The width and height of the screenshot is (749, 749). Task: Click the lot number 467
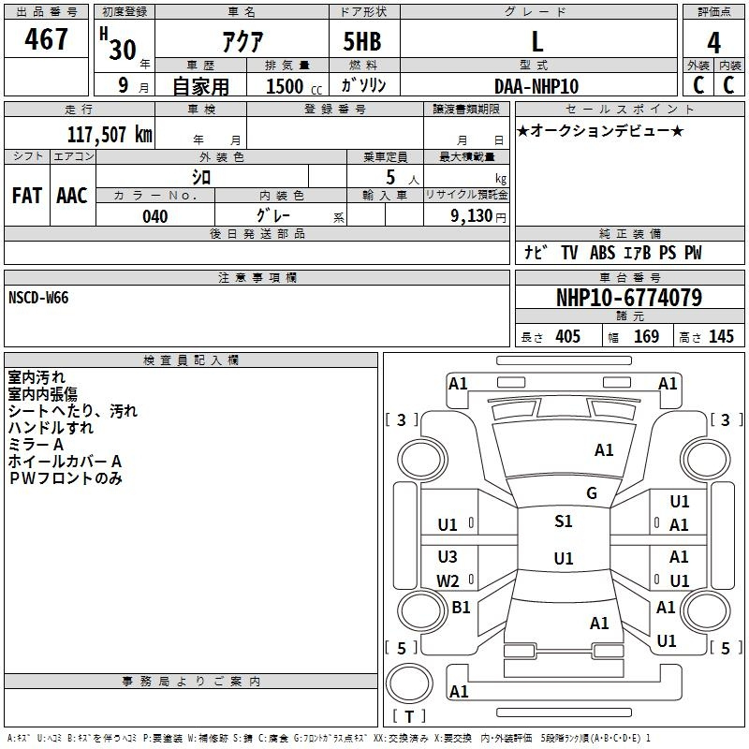(x=46, y=38)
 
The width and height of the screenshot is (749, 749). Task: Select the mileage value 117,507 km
(x=110, y=135)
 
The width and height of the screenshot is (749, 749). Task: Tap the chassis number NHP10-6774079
(x=629, y=298)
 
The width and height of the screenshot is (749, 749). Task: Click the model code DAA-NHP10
(x=536, y=86)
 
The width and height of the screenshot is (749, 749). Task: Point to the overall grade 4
(x=713, y=42)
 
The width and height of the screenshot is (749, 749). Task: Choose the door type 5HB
(x=362, y=41)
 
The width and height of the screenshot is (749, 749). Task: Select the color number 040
(x=155, y=216)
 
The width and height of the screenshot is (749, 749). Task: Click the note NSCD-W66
(x=38, y=298)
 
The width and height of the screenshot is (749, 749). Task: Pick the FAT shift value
(x=27, y=196)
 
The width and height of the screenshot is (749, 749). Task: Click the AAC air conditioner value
(x=72, y=196)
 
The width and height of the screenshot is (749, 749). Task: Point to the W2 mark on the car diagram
(x=448, y=580)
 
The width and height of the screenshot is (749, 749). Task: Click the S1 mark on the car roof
(x=564, y=521)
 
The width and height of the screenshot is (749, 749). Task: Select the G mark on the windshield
(x=592, y=493)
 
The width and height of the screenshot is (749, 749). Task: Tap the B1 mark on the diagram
(x=461, y=607)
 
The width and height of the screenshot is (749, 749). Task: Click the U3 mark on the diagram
(x=448, y=556)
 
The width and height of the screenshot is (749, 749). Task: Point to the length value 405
(x=567, y=336)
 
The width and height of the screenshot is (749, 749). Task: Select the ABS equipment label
(x=602, y=253)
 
